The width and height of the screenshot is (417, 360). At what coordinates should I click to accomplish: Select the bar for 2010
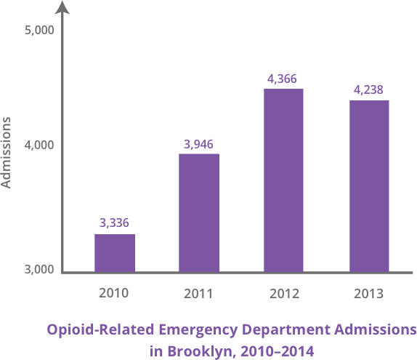[x=115, y=253]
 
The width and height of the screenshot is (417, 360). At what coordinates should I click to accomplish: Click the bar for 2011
[x=199, y=212]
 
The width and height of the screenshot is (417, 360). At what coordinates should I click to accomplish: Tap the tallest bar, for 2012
[x=283, y=180]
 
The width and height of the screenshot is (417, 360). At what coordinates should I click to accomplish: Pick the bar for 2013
[x=368, y=186]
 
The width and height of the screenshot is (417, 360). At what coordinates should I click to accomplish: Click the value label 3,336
[x=114, y=223]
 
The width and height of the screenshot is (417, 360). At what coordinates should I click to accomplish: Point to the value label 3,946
[x=198, y=143]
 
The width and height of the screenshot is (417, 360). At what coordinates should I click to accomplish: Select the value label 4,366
[x=283, y=79]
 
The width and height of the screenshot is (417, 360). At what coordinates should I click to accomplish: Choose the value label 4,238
[x=368, y=89]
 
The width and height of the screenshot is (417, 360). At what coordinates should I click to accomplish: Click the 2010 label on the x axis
[x=113, y=294]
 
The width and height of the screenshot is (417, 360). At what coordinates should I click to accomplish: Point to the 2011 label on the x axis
[x=198, y=295]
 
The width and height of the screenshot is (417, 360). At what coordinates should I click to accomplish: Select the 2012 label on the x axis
[x=283, y=295]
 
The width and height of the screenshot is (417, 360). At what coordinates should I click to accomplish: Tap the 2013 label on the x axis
[x=368, y=295]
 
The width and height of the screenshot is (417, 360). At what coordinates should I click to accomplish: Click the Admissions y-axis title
[x=8, y=152]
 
